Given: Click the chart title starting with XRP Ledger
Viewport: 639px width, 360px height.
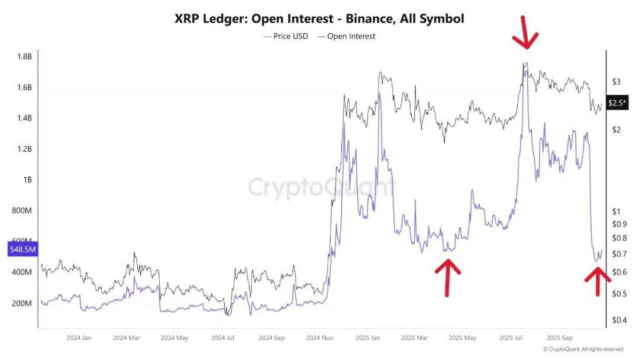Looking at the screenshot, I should pyautogui.click(x=319, y=19).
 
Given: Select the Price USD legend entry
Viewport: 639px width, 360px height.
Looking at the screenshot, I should pyautogui.click(x=286, y=36).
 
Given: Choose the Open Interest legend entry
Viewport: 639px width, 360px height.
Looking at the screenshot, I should pyautogui.click(x=347, y=36).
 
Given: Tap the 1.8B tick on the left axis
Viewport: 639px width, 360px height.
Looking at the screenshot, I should pyautogui.click(x=24, y=57).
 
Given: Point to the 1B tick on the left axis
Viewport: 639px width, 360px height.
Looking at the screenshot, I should pyautogui.click(x=27, y=180).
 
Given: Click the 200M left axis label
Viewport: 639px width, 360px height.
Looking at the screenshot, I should pyautogui.click(x=22, y=303).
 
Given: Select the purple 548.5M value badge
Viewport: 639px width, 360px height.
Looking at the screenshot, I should pyautogui.click(x=22, y=250).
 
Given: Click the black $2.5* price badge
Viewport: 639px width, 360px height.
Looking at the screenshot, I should pyautogui.click(x=618, y=103).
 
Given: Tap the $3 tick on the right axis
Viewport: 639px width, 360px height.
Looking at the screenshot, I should pyautogui.click(x=616, y=81).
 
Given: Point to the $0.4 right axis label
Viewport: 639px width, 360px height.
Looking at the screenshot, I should pyautogui.click(x=618, y=320).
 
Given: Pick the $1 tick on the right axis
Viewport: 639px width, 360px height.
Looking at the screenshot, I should pyautogui.click(x=616, y=211).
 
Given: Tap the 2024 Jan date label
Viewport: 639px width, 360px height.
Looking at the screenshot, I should pyautogui.click(x=79, y=338).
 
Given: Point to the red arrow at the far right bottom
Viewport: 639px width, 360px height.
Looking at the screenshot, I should pyautogui.click(x=598, y=281).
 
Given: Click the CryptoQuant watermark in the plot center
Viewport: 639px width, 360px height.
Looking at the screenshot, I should pyautogui.click(x=319, y=187).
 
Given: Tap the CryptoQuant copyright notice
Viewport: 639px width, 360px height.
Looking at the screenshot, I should pyautogui.click(x=582, y=349).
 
